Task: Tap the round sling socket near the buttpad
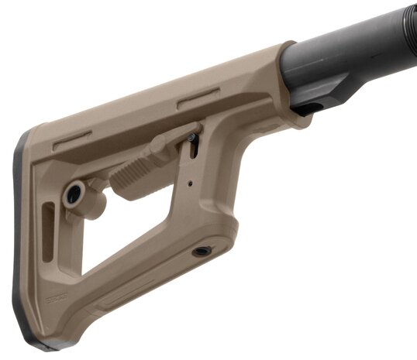click(x=74, y=194)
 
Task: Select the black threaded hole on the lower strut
click(x=202, y=252)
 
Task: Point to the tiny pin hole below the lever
click(x=190, y=184)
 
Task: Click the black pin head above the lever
click(x=191, y=138)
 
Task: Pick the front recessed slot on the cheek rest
click(x=198, y=98)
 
